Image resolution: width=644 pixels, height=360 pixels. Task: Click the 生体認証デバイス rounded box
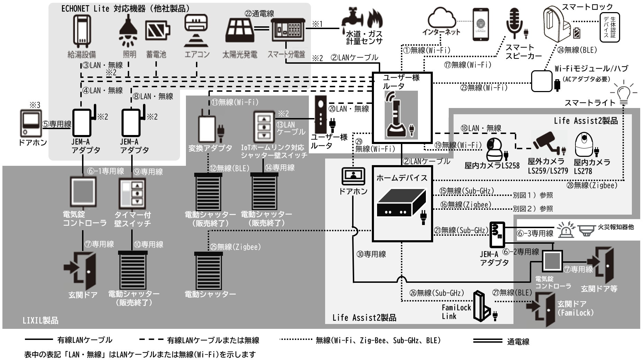[x=609, y=28]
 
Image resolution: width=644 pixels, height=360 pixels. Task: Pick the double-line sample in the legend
[x=487, y=341]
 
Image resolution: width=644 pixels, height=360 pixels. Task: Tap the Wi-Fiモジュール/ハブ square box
[x=542, y=81]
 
